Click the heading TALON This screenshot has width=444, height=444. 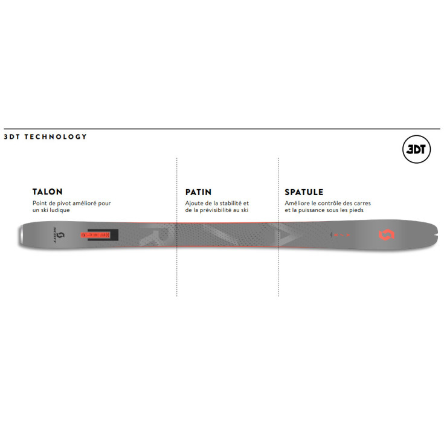(47, 191)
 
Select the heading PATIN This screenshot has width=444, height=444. (198, 192)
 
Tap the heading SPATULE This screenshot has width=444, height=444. (304, 192)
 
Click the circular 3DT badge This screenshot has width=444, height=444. (416, 149)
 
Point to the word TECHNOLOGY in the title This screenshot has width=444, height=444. (56, 137)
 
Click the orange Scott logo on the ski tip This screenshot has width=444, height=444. (387, 235)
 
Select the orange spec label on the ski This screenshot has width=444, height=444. (95, 235)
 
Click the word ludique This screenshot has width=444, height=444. (60, 210)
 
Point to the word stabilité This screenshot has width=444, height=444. (231, 203)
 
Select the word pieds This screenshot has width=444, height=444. (356, 210)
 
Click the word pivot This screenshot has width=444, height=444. (64, 203)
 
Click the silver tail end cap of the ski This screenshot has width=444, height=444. (21, 234)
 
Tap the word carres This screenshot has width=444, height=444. (362, 203)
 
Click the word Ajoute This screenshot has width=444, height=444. (194, 203)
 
